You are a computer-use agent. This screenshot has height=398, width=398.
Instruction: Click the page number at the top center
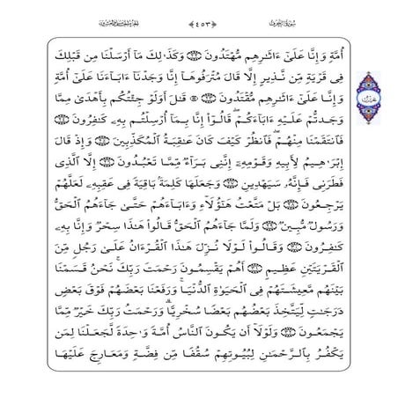pos(199,14)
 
